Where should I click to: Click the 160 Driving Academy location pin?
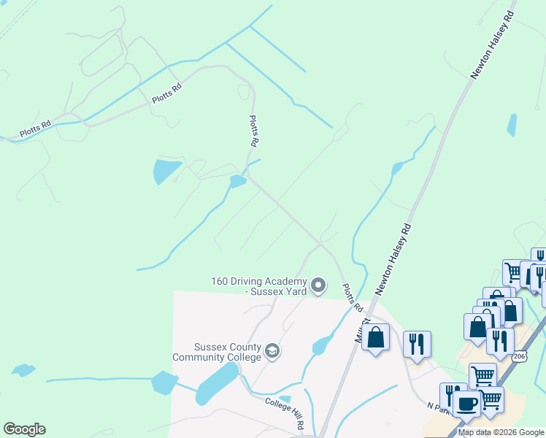(x=318, y=285)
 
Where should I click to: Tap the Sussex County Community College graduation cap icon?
(x=272, y=351)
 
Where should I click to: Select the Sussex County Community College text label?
(x=217, y=352)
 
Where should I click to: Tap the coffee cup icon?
(x=466, y=402)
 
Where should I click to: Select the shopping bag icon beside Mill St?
(x=376, y=337)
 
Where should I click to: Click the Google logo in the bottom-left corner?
(x=24, y=429)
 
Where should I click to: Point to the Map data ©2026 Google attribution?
(x=501, y=432)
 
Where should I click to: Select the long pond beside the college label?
(x=217, y=383)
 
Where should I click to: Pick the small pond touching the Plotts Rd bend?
(x=238, y=181)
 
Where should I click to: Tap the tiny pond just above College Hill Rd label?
(x=285, y=399)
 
